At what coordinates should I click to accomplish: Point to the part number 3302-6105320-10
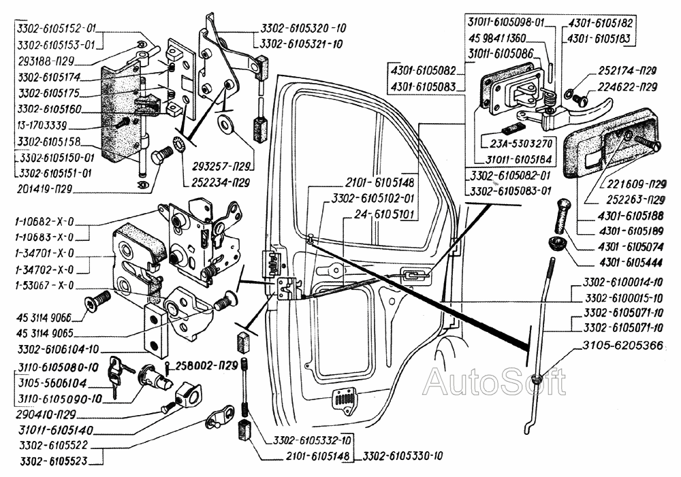coord(303,29)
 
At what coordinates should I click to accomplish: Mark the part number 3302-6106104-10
coord(54,349)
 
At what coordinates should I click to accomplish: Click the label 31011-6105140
coord(57,431)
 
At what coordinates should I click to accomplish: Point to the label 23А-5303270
coord(521,144)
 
